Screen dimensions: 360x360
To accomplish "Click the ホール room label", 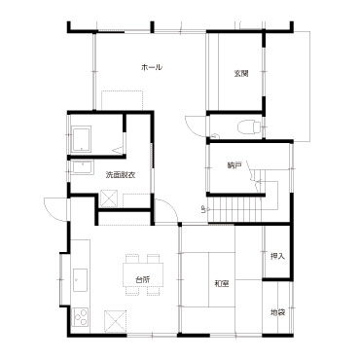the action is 152,67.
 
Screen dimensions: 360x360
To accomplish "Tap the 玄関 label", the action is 241,74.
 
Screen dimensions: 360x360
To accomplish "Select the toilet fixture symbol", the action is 249,126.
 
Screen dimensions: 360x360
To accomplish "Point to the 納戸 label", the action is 234,166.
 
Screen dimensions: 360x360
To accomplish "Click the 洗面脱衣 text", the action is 121,175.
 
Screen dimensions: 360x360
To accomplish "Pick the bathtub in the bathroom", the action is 81,139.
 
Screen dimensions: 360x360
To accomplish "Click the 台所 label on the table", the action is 142,279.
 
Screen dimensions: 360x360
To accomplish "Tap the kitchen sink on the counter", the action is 81,280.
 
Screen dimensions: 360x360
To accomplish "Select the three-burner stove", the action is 81,316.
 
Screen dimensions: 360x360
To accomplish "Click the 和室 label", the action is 222,284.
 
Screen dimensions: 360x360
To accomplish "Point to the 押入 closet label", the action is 277,256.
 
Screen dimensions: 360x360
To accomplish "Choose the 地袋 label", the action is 277,312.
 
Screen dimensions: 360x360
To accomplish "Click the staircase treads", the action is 234,209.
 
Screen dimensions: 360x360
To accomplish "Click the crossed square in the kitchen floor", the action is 115,321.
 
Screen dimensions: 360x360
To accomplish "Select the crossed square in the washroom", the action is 109,198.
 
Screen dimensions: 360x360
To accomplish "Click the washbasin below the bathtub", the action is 83,167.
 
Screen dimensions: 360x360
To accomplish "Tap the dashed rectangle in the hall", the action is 123,100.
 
